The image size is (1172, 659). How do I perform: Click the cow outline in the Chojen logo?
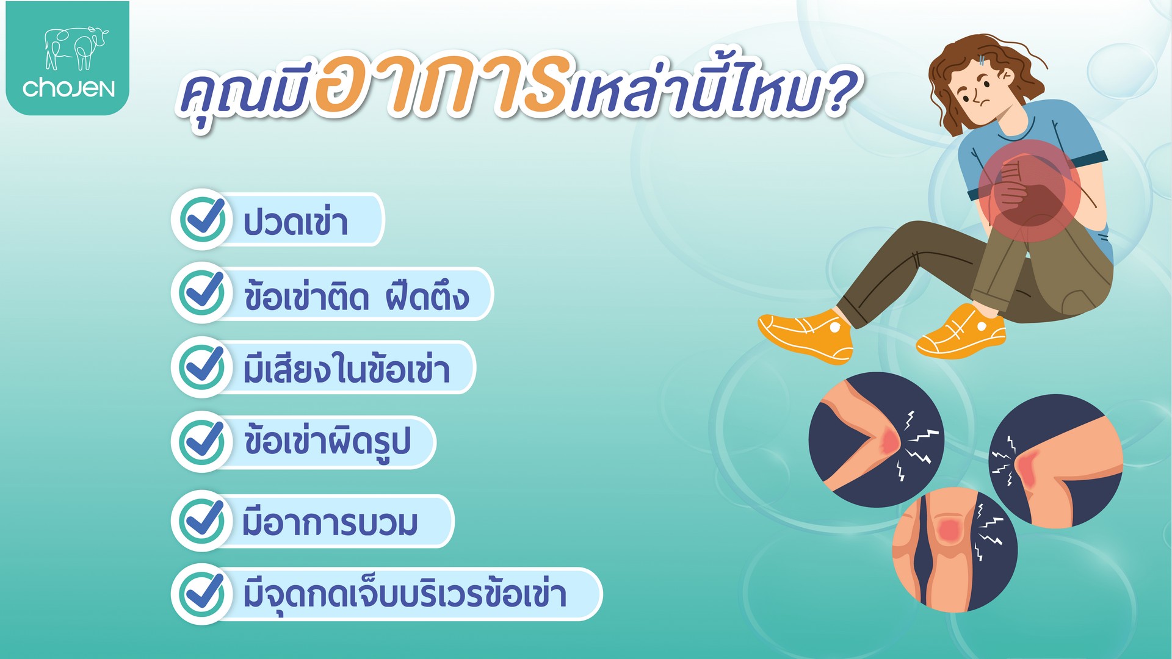click(76, 48)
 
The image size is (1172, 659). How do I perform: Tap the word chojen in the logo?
click(68, 88)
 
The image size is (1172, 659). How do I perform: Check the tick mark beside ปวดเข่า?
click(203, 219)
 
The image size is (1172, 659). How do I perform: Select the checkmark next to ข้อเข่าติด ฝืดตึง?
click(203, 292)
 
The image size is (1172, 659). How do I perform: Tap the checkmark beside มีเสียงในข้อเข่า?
click(203, 367)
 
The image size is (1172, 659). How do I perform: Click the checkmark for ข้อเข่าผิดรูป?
click(203, 441)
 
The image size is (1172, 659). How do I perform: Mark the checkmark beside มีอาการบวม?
click(203, 520)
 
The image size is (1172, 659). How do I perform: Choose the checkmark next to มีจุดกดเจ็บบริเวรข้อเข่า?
click(203, 594)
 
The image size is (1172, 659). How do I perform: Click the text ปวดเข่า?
click(295, 221)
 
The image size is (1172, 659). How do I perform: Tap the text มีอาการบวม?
click(330, 523)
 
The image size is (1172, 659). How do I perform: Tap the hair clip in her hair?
click(981, 60)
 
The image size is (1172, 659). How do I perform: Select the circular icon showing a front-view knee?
click(955, 549)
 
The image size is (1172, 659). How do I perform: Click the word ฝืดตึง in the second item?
click(427, 295)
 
